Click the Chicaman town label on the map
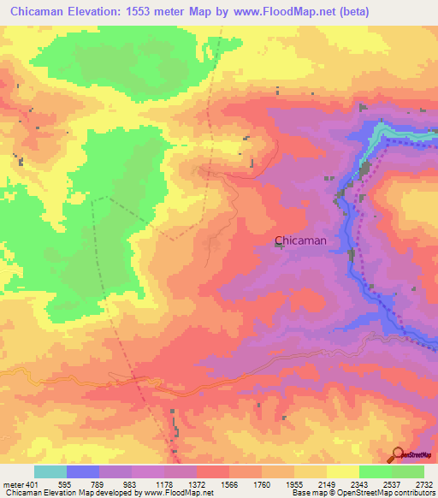point(300,240)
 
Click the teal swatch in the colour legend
point(50,471)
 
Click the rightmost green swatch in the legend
point(407,471)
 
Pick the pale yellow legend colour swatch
point(342,471)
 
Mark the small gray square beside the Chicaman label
point(280,246)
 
